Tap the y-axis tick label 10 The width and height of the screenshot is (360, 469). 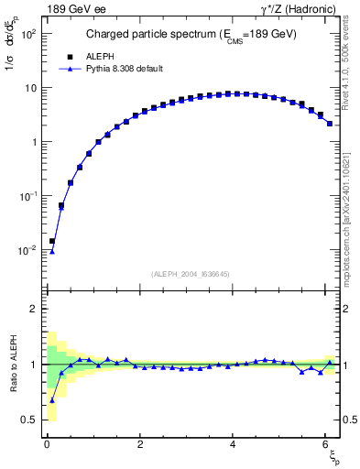(28, 88)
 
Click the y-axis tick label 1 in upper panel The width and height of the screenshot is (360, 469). (32, 142)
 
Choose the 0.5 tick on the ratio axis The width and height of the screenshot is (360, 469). (27, 420)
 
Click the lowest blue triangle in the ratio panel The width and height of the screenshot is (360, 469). (52, 399)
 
